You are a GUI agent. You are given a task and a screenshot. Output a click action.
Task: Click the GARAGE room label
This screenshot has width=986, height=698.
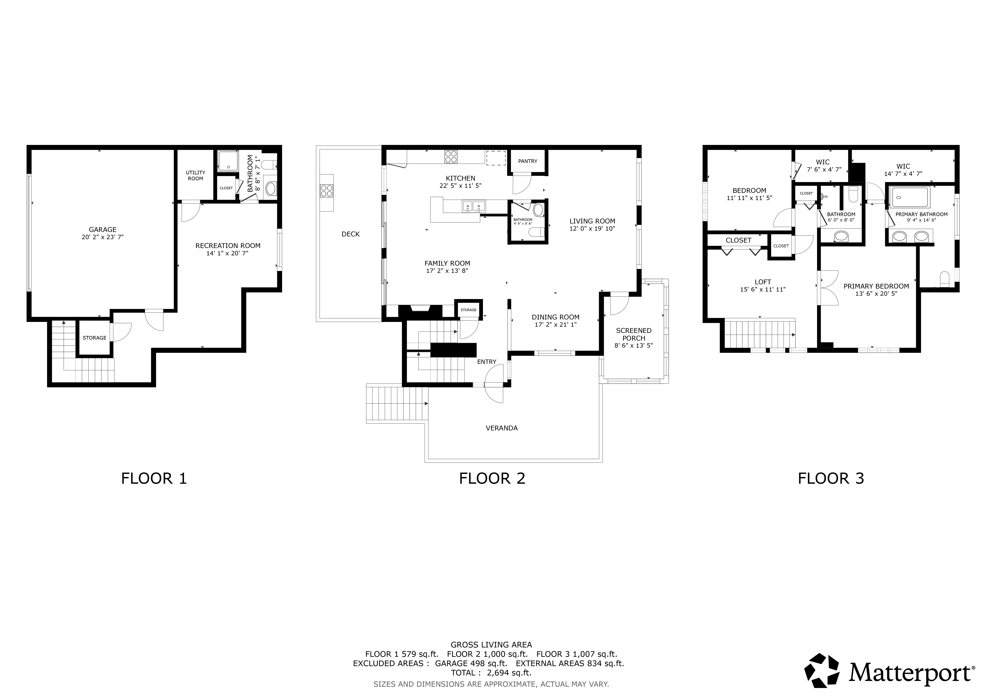[103, 230]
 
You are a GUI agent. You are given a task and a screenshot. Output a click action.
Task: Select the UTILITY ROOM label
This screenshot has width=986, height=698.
[195, 175]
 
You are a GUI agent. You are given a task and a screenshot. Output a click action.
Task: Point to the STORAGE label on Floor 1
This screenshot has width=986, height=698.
[94, 338]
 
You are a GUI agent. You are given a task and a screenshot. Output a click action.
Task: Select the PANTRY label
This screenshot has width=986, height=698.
[528, 161]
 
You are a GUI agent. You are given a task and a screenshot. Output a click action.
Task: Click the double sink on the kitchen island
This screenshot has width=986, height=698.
[474, 207]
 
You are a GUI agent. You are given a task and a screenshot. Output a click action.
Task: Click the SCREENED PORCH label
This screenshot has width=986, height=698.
[634, 334]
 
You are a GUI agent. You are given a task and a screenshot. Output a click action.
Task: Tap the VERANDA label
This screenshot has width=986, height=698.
[502, 428]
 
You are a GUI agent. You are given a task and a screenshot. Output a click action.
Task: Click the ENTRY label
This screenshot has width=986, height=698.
[487, 362]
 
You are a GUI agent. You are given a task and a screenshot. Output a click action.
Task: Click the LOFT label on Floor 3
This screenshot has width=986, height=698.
[763, 282]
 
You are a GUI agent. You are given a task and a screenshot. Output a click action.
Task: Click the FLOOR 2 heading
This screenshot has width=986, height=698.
[492, 478]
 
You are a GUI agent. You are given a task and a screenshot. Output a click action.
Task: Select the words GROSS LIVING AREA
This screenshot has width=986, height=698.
[491, 645]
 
